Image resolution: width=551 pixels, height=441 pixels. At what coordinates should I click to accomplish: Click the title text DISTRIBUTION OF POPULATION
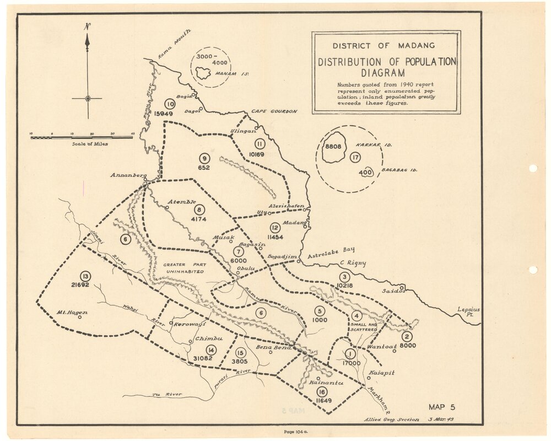pos(386,62)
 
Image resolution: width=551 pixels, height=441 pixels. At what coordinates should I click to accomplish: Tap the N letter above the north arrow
pos(87,26)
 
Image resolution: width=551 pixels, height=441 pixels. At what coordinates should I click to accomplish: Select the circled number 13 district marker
pos(84,276)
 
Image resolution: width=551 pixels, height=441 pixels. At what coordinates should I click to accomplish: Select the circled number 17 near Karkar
pos(355,158)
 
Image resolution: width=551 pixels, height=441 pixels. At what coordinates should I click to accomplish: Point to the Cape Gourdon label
pos(274,111)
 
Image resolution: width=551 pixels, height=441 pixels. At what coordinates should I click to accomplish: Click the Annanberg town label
pos(127,176)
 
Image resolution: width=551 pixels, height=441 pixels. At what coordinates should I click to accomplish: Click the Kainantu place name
pos(327,382)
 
